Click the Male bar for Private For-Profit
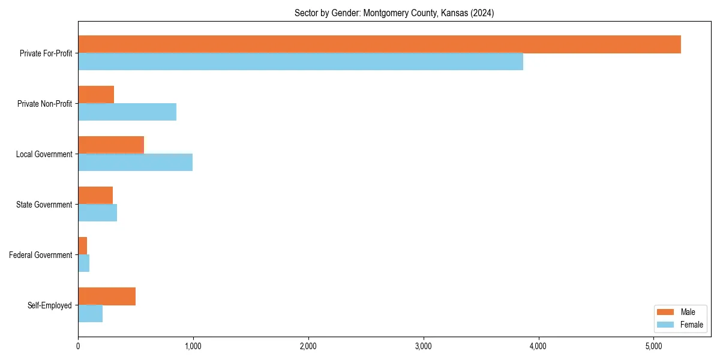pyautogui.click(x=379, y=44)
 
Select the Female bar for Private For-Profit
pyautogui.click(x=300, y=62)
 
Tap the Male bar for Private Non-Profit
pyautogui.click(x=96, y=95)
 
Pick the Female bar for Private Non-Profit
pyautogui.click(x=127, y=112)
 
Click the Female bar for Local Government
pyautogui.click(x=135, y=163)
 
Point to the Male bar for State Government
pyautogui.click(x=95, y=196)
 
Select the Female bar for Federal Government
pyautogui.click(x=83, y=263)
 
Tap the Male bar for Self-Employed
pyautogui.click(x=107, y=296)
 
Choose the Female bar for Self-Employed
pyautogui.click(x=90, y=314)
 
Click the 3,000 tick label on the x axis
pyautogui.click(x=423, y=346)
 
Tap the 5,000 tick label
pyautogui.click(x=653, y=346)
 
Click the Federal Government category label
pyautogui.click(x=41, y=255)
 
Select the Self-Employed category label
pyautogui.click(x=50, y=305)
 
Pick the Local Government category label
pyautogui.click(x=44, y=154)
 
